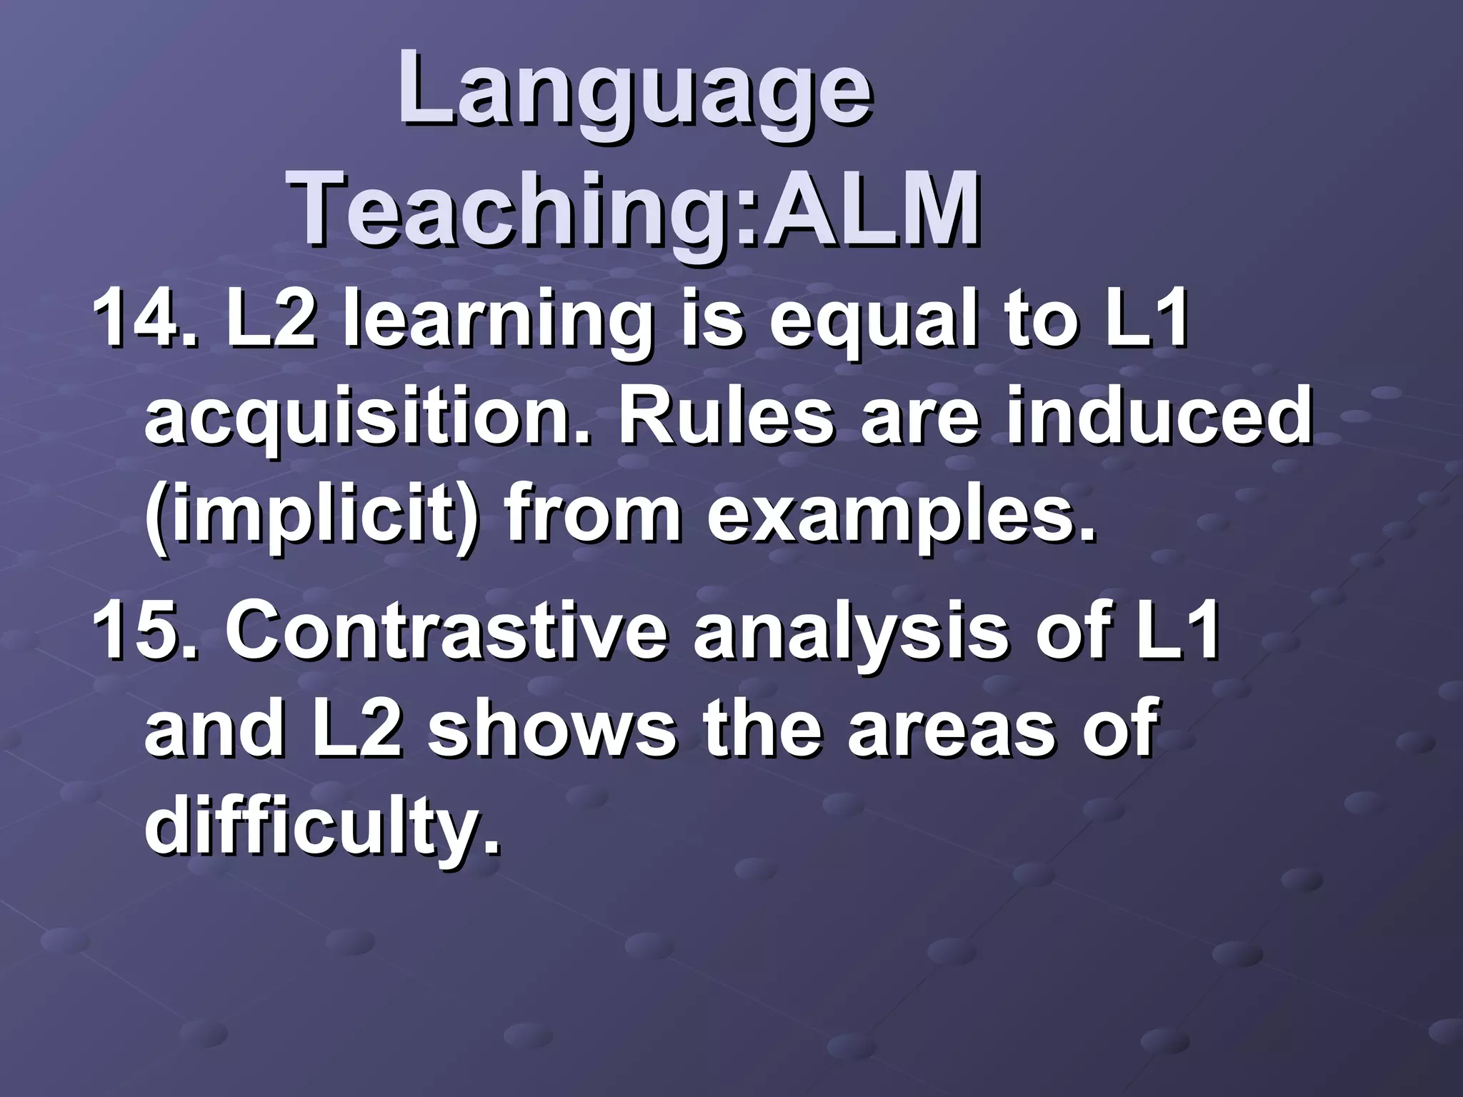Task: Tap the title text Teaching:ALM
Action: [x=635, y=208]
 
